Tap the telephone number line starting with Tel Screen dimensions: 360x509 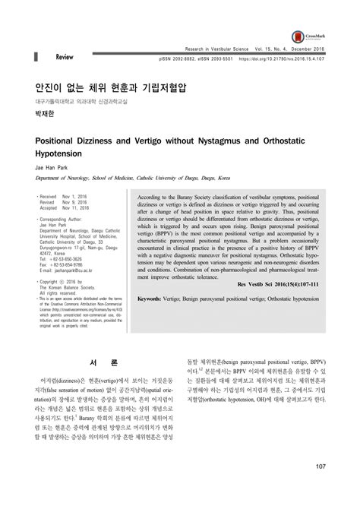tap(64, 258)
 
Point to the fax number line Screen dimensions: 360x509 tap(64, 264)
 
